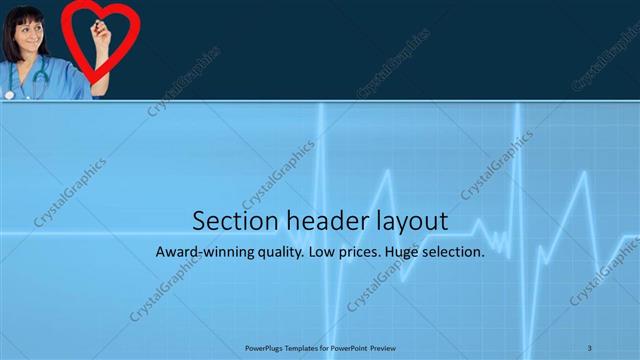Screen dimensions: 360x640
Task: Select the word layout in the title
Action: (399, 221)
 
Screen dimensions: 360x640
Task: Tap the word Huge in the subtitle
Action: (409, 253)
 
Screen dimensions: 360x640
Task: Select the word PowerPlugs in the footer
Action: (264, 347)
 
